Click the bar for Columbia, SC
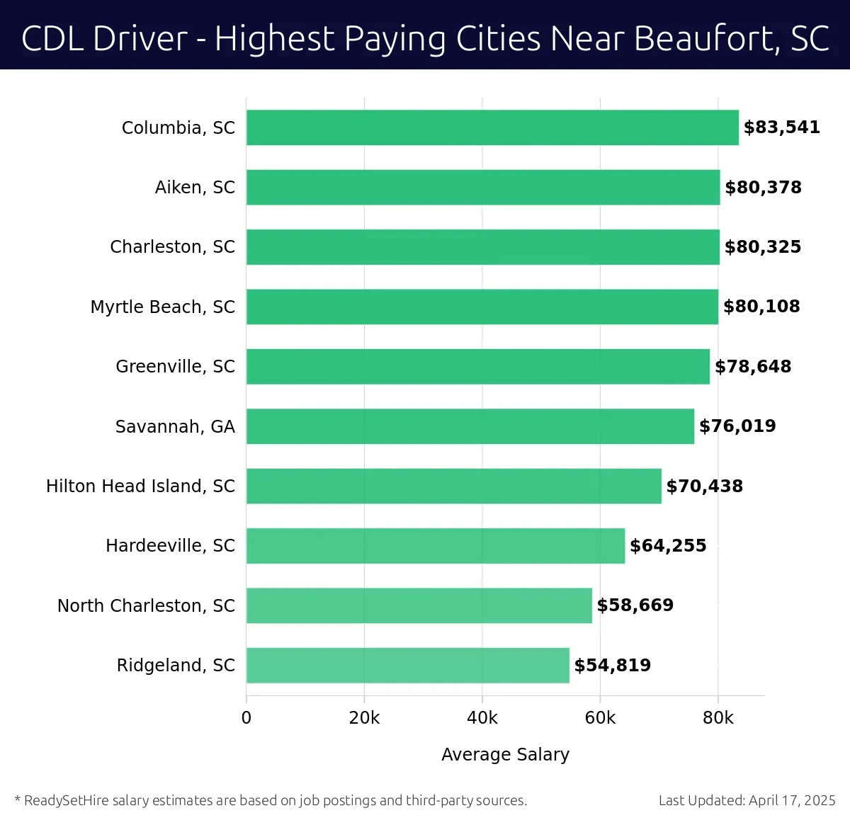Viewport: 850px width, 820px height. tap(492, 127)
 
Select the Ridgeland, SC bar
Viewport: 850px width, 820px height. tap(408, 665)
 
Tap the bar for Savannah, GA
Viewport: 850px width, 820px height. tap(470, 426)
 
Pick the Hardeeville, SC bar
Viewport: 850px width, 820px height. tap(436, 546)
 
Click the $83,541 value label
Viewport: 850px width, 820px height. tap(781, 127)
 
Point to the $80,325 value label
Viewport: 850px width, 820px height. tap(762, 247)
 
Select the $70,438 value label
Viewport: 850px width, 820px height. tap(704, 486)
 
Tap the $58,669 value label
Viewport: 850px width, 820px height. tap(635, 605)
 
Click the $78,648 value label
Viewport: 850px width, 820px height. tap(753, 367)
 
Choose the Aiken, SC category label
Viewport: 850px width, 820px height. tap(195, 188)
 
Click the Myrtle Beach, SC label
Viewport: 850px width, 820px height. tap(162, 307)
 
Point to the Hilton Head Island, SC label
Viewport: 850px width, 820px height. tap(140, 486)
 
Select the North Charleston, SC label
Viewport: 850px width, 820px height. tap(146, 606)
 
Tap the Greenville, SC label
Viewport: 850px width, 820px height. tap(175, 367)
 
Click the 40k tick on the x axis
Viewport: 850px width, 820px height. tap(482, 718)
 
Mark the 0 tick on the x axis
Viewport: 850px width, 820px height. tap(246, 718)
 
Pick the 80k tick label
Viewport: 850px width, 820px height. tap(718, 718)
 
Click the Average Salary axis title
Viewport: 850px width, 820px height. tap(505, 755)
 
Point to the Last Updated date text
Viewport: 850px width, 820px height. tap(747, 801)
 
